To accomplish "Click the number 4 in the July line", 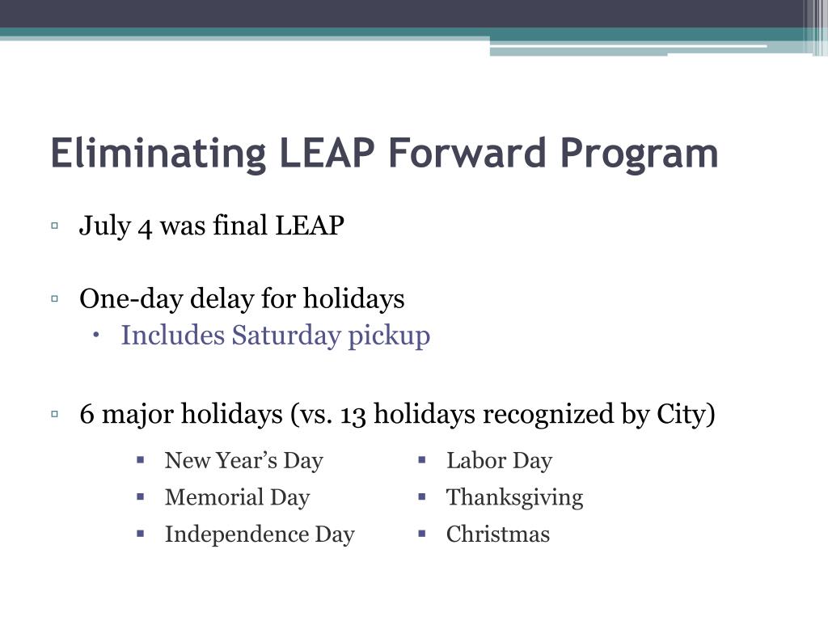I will pyautogui.click(x=145, y=226).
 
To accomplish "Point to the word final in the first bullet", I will pyautogui.click(x=240, y=226).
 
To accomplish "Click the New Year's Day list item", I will pyautogui.click(x=243, y=461).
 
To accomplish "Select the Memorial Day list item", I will pyautogui.click(x=237, y=497).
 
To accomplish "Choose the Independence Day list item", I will pyautogui.click(x=260, y=534).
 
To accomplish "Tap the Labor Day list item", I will pyautogui.click(x=499, y=461).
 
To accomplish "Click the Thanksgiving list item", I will pyautogui.click(x=514, y=497).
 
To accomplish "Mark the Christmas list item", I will pyautogui.click(x=497, y=534).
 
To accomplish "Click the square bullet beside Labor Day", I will pyautogui.click(x=422, y=460).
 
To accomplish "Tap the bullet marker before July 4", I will pyautogui.click(x=54, y=226).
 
